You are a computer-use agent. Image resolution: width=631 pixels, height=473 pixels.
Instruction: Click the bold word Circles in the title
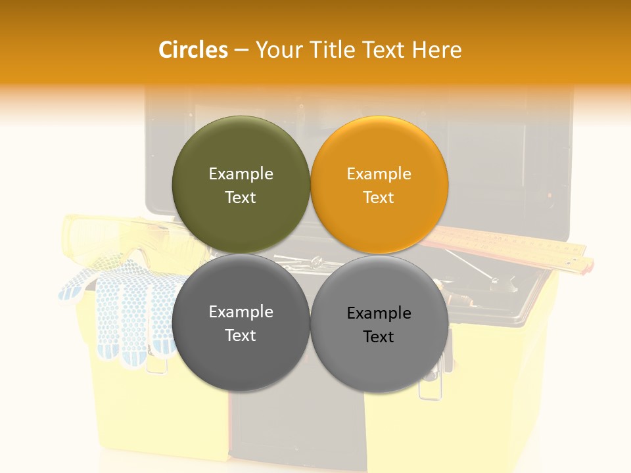coord(193,50)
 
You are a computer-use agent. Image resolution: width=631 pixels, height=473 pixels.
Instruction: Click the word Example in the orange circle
coord(379,174)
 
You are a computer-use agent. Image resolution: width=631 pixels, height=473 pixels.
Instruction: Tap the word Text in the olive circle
coord(241,198)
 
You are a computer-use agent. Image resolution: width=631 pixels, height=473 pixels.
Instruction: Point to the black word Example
coord(379,313)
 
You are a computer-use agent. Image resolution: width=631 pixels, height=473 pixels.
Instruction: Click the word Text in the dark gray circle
coord(241,336)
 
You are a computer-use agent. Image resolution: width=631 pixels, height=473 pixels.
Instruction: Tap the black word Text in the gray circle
coord(379,337)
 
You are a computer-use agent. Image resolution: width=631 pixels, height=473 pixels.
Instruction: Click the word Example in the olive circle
coord(241,174)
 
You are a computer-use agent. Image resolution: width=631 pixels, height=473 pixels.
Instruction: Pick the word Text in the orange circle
coord(379,198)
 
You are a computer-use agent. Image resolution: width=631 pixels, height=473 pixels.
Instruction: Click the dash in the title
coord(241,50)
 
